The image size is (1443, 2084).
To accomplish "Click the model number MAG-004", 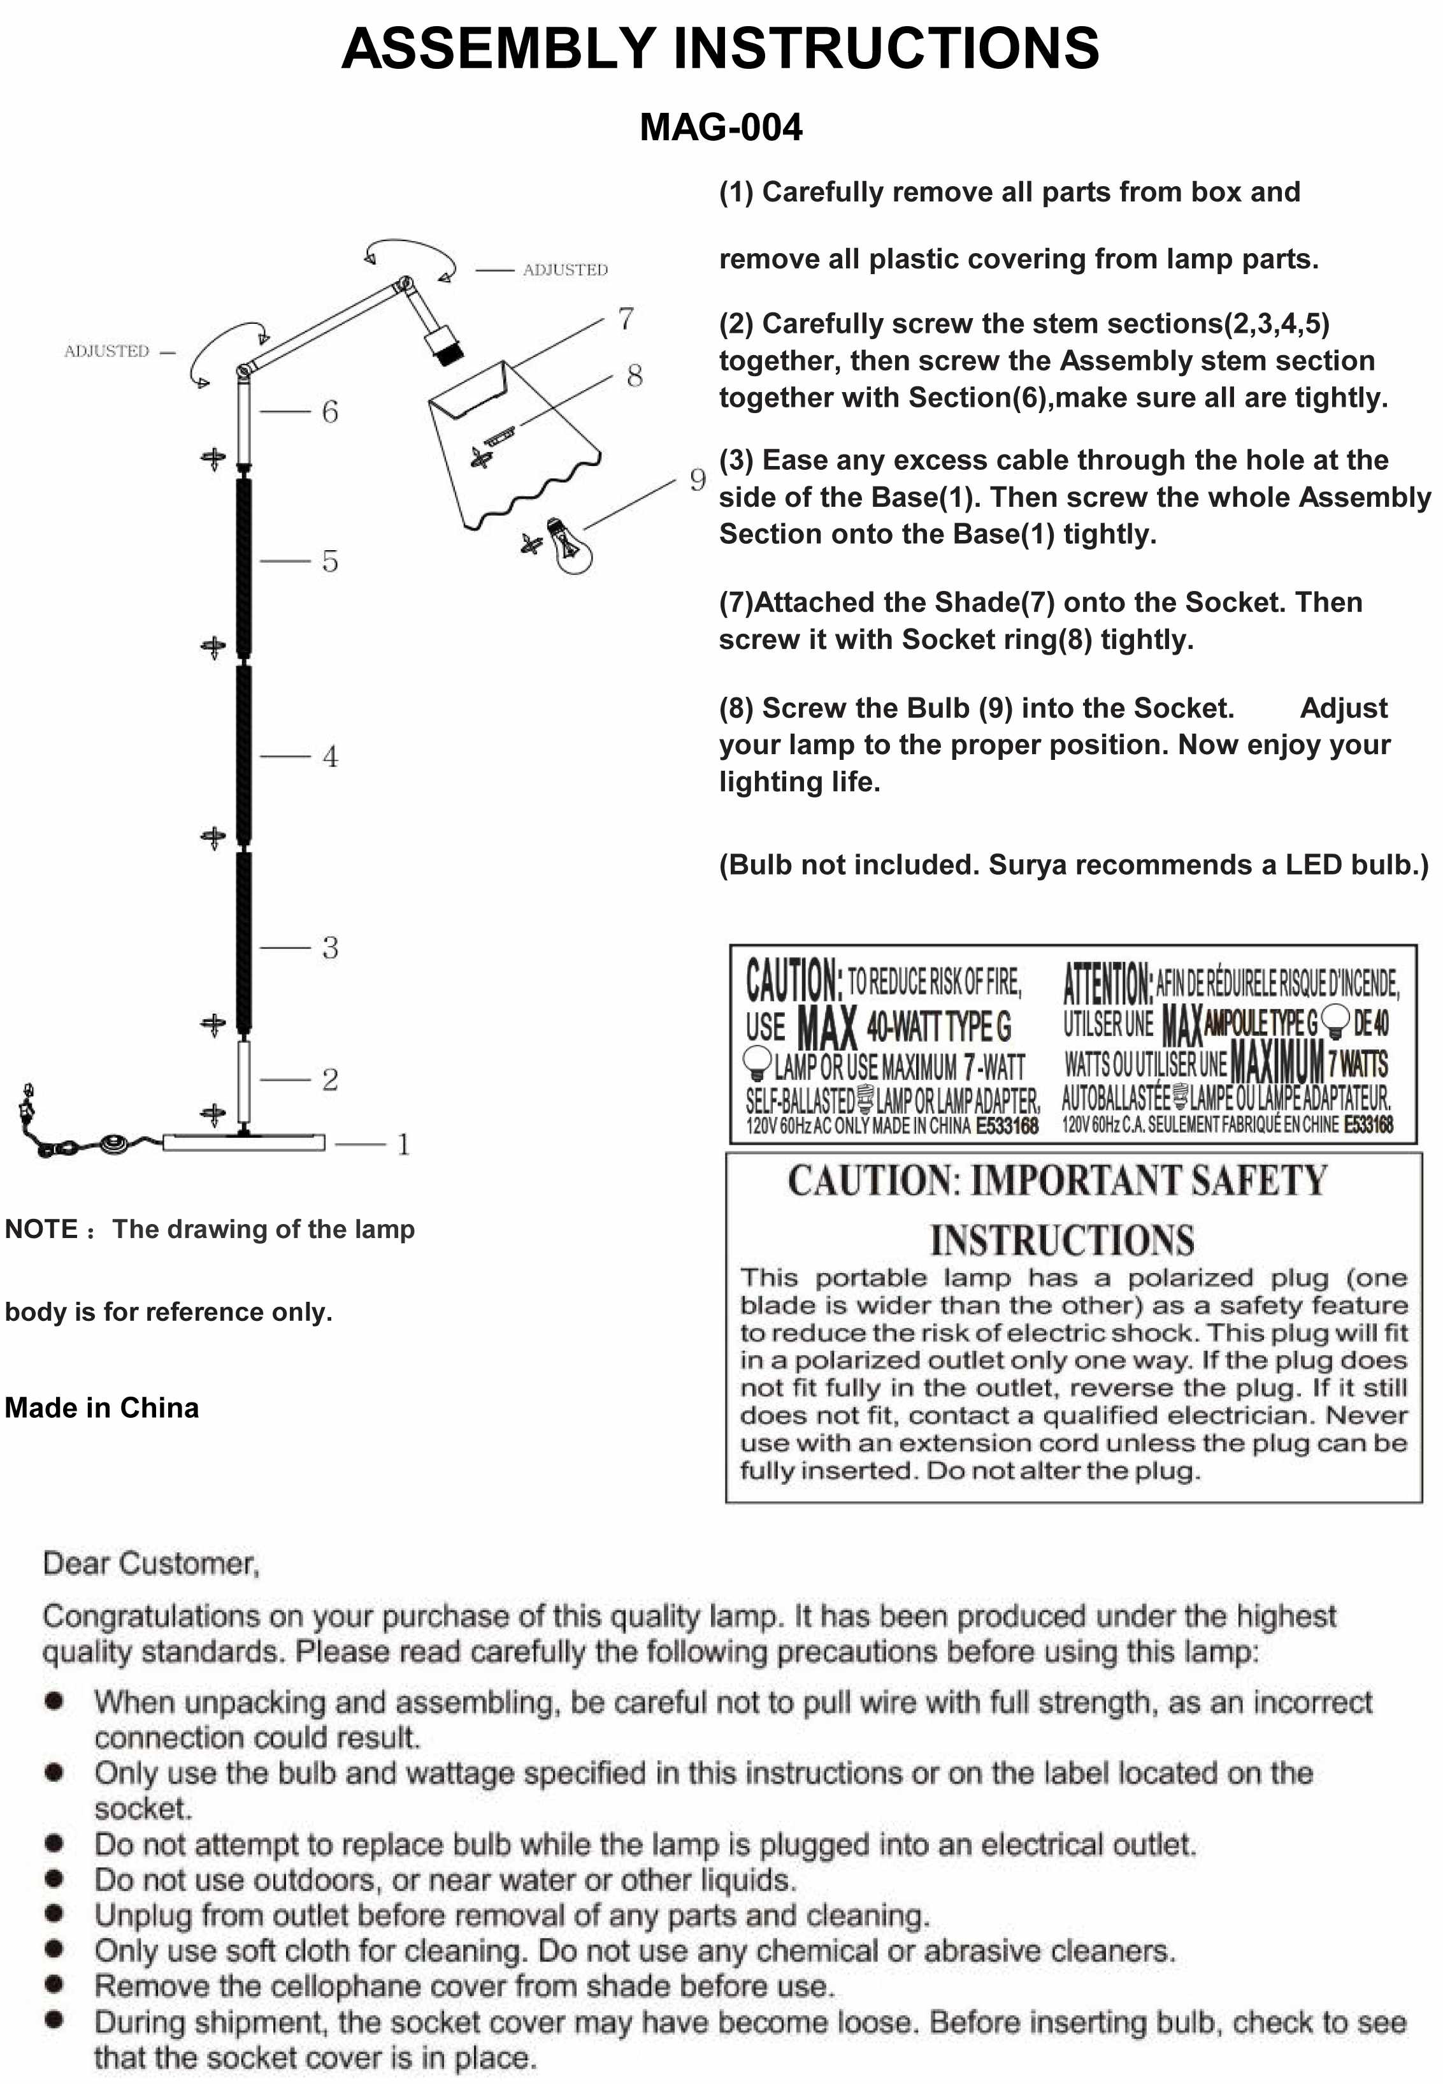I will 721,128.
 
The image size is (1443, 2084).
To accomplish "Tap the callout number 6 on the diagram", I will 330,412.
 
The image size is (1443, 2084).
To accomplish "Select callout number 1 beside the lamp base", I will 403,1144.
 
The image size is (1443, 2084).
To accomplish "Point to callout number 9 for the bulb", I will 697,479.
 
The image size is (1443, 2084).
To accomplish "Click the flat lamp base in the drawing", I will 243,1142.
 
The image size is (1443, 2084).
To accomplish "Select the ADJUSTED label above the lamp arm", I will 565,270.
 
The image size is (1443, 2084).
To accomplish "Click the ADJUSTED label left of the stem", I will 106,351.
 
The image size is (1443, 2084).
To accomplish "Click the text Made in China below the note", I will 101,1408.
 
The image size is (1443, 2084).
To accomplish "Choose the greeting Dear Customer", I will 151,1563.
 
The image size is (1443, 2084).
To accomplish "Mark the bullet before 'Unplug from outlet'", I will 54,1914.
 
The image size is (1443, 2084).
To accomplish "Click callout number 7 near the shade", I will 626,318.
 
